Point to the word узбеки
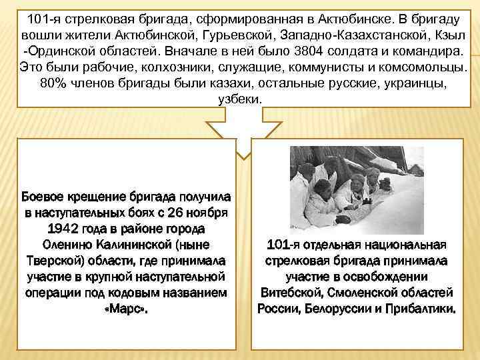pos(241,99)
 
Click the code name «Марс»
pos(127,309)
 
